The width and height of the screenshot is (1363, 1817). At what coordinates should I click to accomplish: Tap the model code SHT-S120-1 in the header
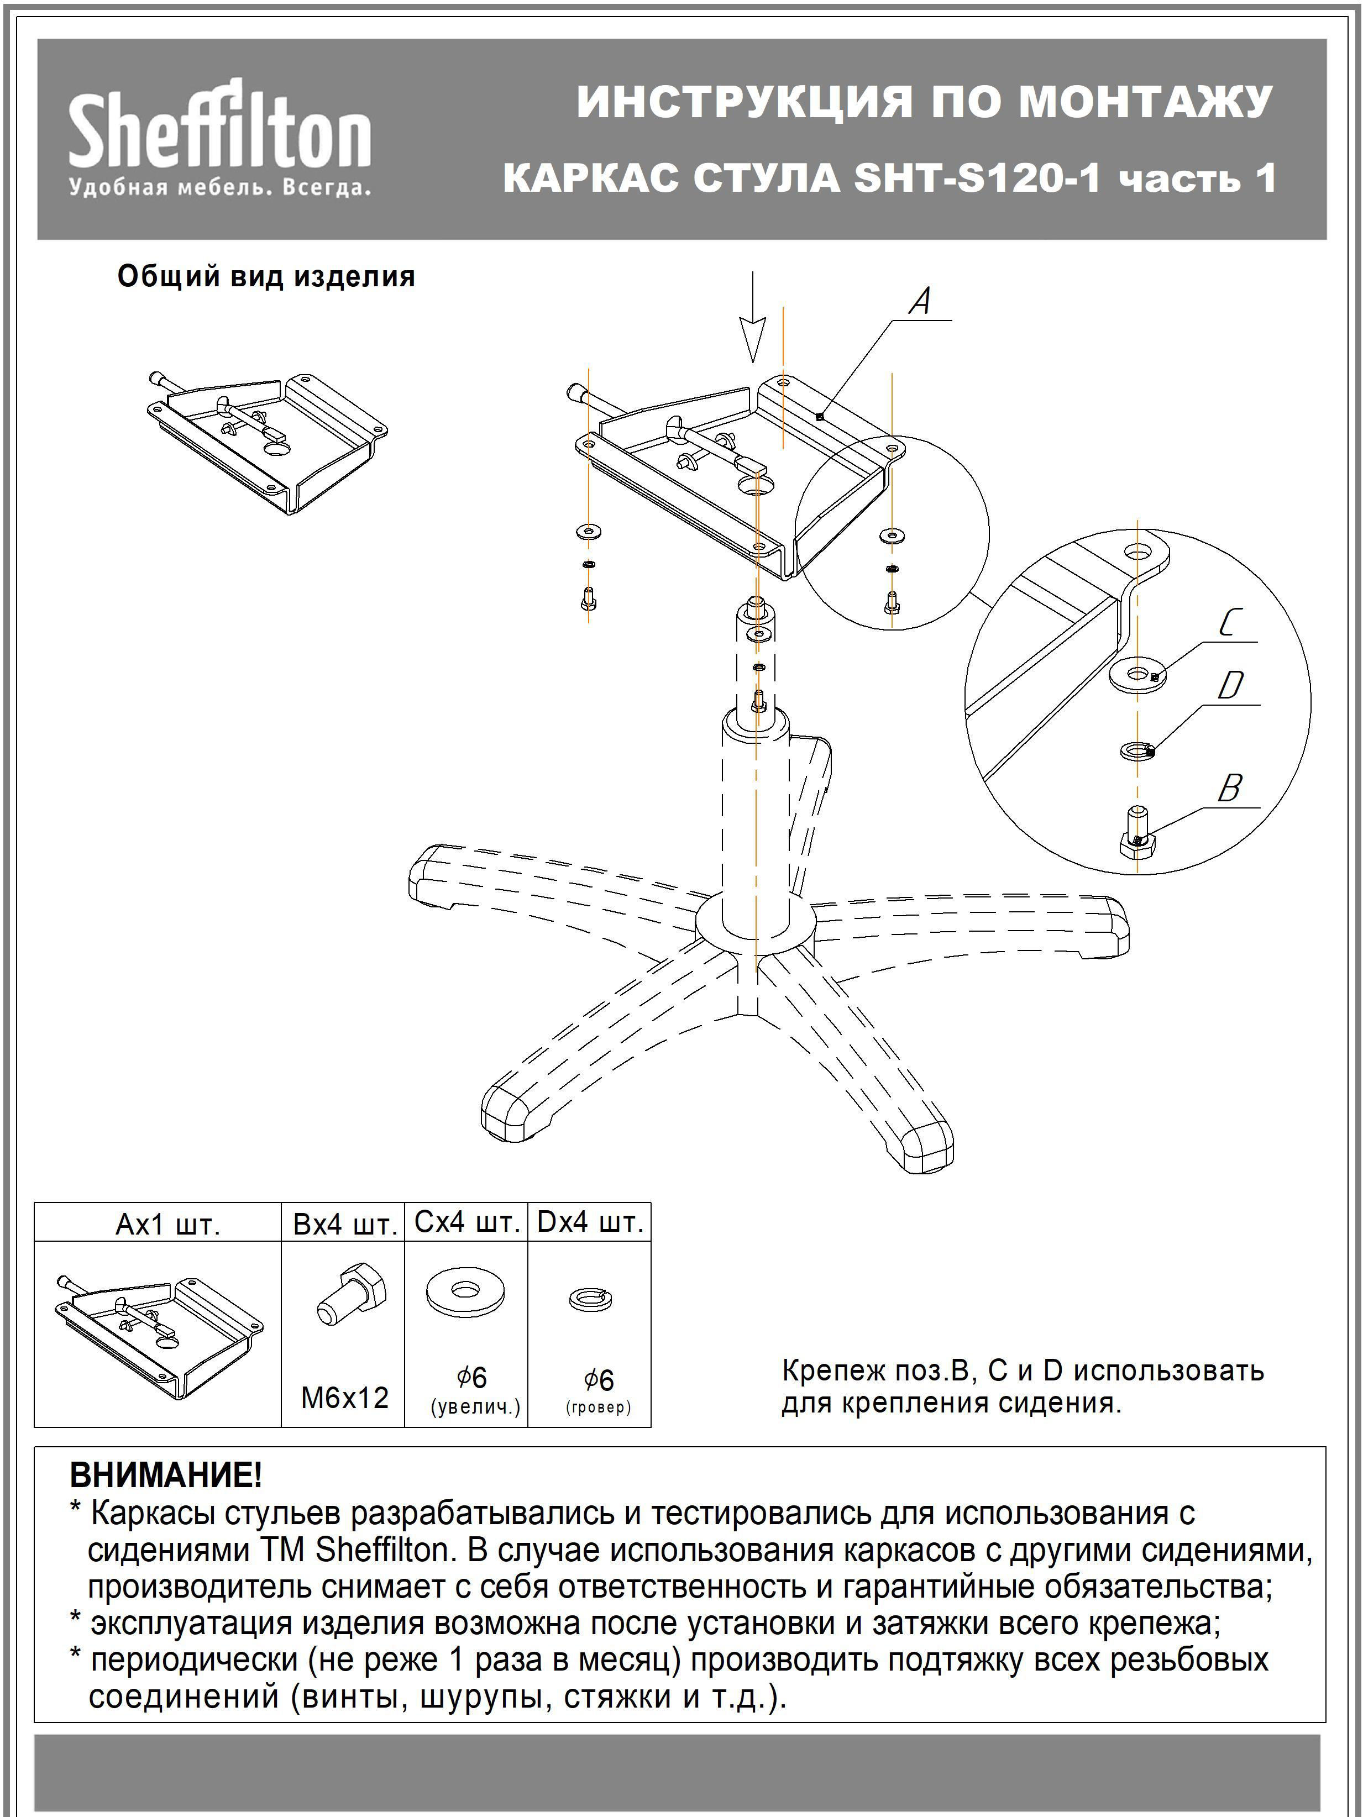[x=976, y=178]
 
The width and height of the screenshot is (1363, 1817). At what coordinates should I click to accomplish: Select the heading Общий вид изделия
[x=266, y=277]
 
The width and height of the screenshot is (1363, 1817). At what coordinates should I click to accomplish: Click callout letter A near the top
[x=921, y=302]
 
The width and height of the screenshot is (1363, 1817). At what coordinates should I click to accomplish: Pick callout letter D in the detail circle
[x=1230, y=686]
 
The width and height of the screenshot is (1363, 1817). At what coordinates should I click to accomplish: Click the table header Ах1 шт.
[x=167, y=1225]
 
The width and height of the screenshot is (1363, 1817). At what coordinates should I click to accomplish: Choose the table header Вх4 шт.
[x=345, y=1225]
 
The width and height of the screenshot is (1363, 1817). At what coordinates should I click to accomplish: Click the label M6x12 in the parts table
[x=345, y=1397]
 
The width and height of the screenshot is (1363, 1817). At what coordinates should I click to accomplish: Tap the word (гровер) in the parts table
[x=598, y=1407]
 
